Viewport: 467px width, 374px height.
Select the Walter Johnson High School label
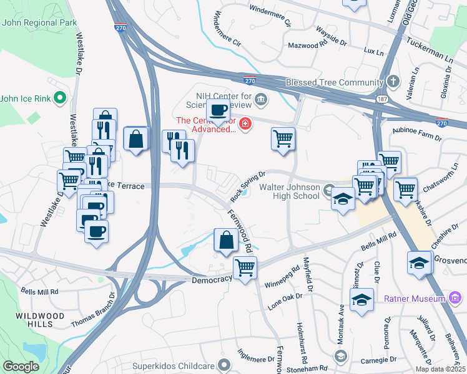(289, 191)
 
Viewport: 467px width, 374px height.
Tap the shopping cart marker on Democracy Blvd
(245, 269)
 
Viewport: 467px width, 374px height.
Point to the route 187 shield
(380, 99)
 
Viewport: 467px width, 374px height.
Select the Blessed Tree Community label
(334, 82)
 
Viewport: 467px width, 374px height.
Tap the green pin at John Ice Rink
(60, 97)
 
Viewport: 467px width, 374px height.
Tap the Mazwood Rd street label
(307, 46)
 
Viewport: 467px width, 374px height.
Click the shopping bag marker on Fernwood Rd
(225, 241)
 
